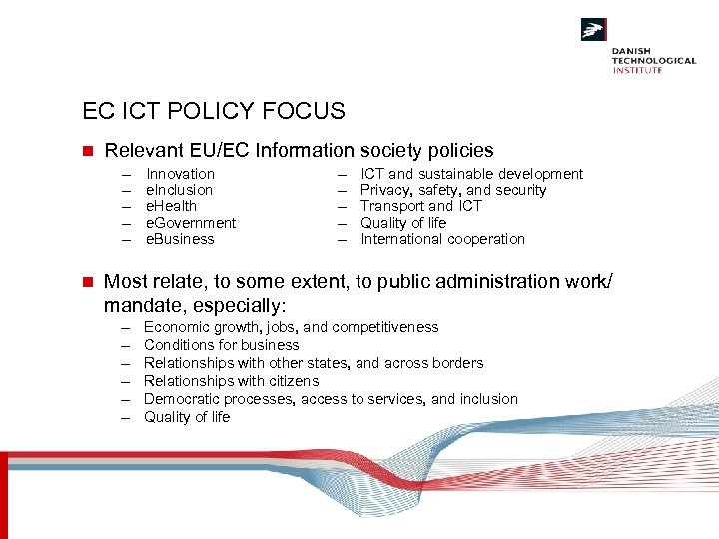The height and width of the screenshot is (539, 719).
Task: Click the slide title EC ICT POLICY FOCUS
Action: (214, 111)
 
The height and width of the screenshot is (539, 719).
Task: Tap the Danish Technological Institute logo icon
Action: (594, 31)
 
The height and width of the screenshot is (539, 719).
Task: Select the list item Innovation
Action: (181, 174)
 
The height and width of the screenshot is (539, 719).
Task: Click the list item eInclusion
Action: (180, 190)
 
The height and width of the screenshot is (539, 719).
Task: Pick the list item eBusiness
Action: (181, 239)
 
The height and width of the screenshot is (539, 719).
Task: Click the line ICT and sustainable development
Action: (471, 174)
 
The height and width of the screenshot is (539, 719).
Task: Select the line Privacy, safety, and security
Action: (453, 190)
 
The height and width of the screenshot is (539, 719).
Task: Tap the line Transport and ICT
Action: (421, 206)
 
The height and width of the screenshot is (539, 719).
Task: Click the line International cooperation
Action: (442, 239)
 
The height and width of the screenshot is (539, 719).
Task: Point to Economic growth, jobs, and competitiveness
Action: (292, 327)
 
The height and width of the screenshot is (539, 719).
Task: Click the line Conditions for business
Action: (222, 345)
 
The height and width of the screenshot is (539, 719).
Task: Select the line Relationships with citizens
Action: (232, 381)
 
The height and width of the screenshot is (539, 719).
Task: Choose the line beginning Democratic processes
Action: (332, 399)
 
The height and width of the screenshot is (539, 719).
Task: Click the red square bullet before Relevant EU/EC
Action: (87, 151)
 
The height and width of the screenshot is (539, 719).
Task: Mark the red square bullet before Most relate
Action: (87, 282)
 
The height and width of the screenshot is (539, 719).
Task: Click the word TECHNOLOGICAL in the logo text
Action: (654, 60)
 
